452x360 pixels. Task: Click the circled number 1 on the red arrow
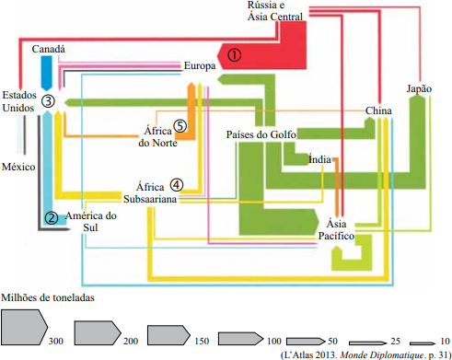tap(234, 55)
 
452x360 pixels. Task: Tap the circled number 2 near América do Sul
tap(52, 218)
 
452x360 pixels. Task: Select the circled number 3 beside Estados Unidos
tap(48, 101)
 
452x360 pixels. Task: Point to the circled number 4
tap(177, 184)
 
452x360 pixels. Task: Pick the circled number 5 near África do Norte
tap(180, 126)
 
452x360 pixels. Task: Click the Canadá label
tap(49, 49)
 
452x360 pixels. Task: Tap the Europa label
tap(200, 65)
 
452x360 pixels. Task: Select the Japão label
tap(419, 88)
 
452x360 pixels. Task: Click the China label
tap(378, 110)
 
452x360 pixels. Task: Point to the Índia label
tap(319, 159)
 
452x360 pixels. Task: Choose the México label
tap(18, 167)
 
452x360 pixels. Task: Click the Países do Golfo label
tap(261, 134)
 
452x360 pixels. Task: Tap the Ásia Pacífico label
tap(336, 229)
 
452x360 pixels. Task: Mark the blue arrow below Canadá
tap(47, 73)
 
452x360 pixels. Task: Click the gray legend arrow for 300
tap(25, 327)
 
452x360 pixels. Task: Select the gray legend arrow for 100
tap(240, 339)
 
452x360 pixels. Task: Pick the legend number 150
tap(202, 341)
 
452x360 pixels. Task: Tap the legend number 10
tap(445, 341)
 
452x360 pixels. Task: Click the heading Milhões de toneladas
tap(48, 297)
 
